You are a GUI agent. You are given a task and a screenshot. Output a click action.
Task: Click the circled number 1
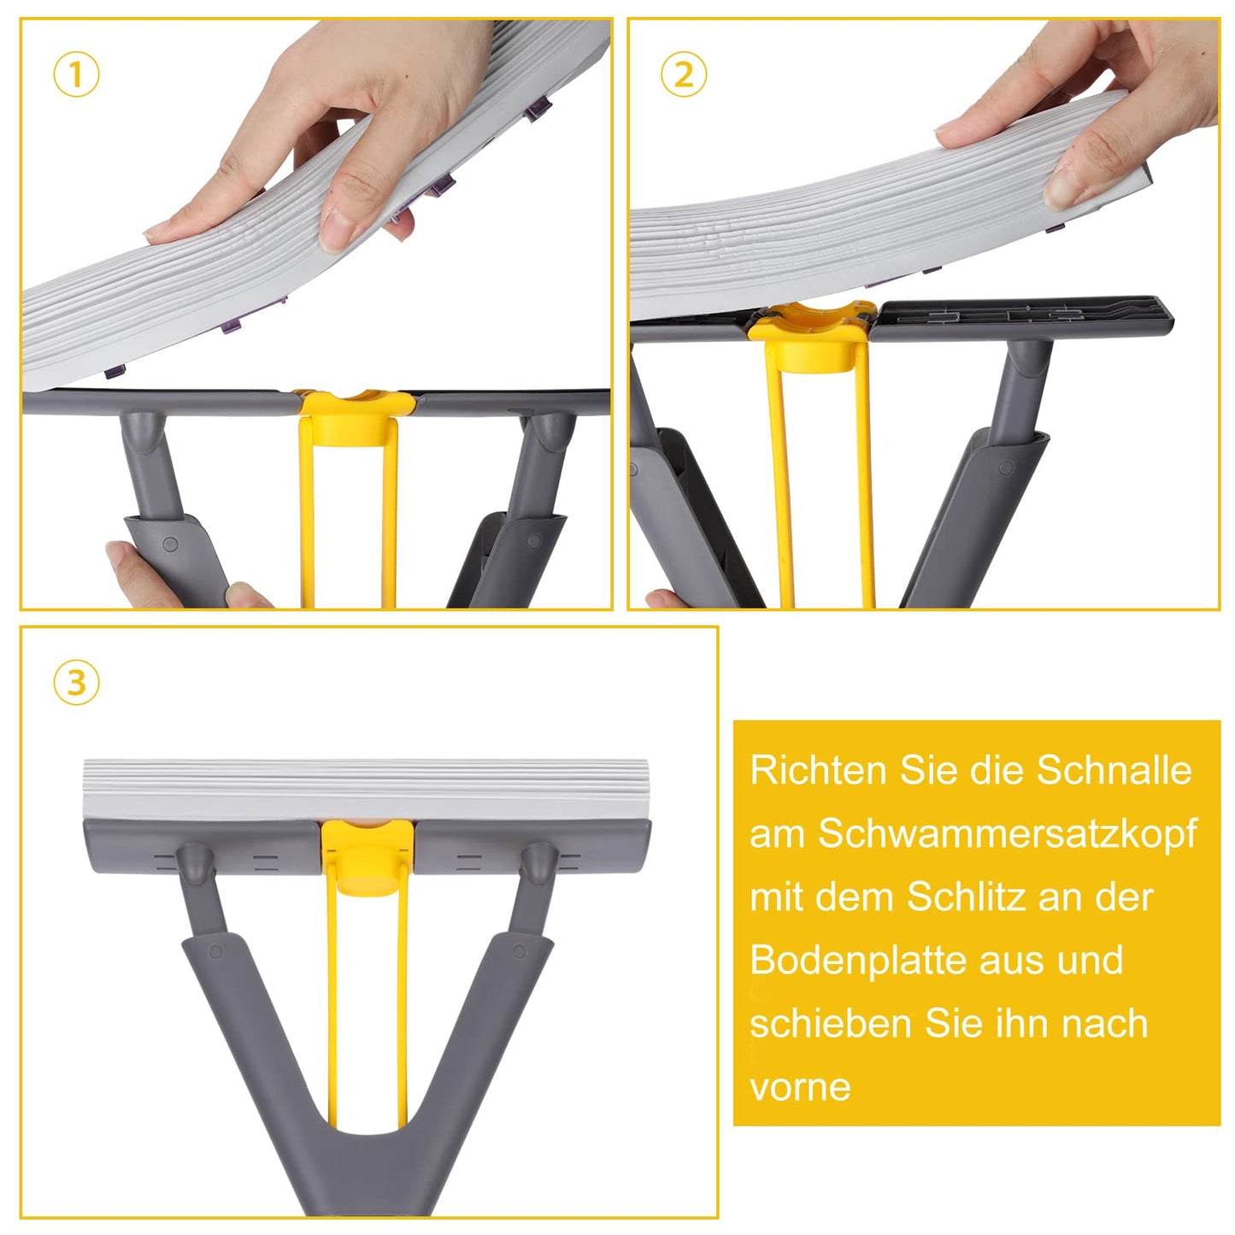(x=76, y=75)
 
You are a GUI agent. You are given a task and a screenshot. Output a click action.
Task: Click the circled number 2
(x=684, y=75)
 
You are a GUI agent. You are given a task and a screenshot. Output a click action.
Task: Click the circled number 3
(x=76, y=683)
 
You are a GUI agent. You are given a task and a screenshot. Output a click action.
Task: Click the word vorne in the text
(x=800, y=1087)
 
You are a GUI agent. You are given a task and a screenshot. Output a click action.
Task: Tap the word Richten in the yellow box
(x=818, y=770)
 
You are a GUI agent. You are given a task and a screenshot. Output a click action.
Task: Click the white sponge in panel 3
(x=368, y=788)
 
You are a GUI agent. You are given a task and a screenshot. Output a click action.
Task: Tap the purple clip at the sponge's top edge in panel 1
(x=538, y=109)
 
